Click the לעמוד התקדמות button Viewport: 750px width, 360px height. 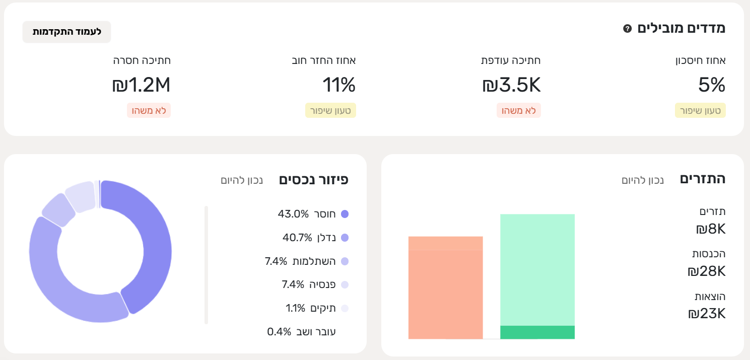[x=66, y=32]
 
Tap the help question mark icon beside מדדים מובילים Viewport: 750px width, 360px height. [x=627, y=29]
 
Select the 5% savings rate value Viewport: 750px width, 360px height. [x=711, y=85]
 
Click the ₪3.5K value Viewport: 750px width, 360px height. [x=511, y=85]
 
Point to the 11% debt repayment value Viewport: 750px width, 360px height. [x=338, y=85]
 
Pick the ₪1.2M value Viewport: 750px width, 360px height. [x=141, y=85]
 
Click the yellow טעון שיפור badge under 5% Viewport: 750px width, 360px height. [x=700, y=110]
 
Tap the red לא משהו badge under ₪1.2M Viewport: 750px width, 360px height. [x=149, y=110]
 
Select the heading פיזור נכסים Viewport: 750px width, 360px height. [x=313, y=180]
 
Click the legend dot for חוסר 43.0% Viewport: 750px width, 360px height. [x=345, y=214]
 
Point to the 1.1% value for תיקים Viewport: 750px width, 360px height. [x=296, y=308]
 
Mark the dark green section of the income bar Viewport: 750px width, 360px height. [x=537, y=332]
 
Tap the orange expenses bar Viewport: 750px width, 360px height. [x=445, y=292]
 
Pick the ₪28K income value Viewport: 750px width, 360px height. [x=706, y=271]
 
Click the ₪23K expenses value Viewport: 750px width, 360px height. [x=706, y=314]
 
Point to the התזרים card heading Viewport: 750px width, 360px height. [x=702, y=179]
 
